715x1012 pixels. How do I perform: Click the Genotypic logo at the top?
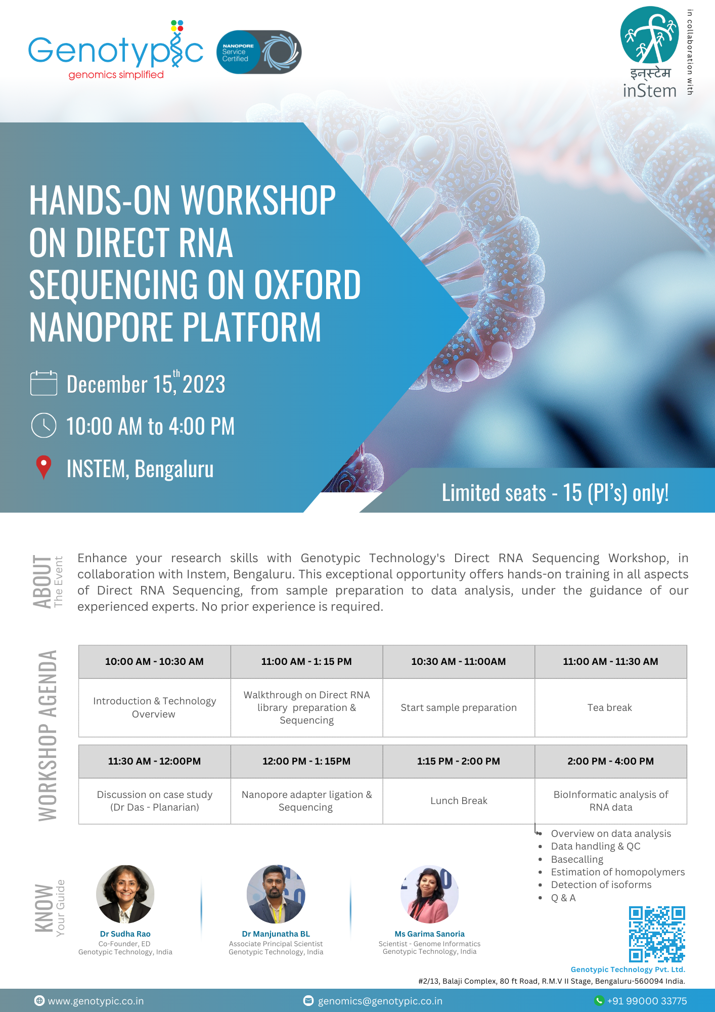(x=116, y=50)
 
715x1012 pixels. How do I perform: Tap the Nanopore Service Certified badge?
(x=259, y=52)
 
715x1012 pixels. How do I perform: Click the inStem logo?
(x=650, y=52)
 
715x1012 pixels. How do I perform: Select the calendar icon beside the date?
(x=44, y=383)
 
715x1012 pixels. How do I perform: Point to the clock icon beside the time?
(x=44, y=425)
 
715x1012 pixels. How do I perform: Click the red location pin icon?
(x=44, y=467)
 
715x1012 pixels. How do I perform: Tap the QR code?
(x=657, y=934)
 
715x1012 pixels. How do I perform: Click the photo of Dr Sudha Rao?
(x=125, y=894)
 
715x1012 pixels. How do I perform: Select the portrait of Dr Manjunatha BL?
(x=276, y=894)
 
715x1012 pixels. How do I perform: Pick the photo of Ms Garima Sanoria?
(x=429, y=894)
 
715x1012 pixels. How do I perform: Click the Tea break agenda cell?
(x=610, y=707)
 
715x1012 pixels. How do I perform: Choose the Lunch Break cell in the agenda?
(x=459, y=800)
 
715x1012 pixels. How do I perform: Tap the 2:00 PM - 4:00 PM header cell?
(x=610, y=761)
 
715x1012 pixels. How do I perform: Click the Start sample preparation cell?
(x=459, y=707)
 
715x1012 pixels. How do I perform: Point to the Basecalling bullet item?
(x=577, y=859)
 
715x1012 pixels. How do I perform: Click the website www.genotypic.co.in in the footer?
(x=96, y=1001)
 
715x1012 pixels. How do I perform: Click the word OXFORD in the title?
(x=307, y=284)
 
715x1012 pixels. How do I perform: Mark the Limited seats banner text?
(x=555, y=492)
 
